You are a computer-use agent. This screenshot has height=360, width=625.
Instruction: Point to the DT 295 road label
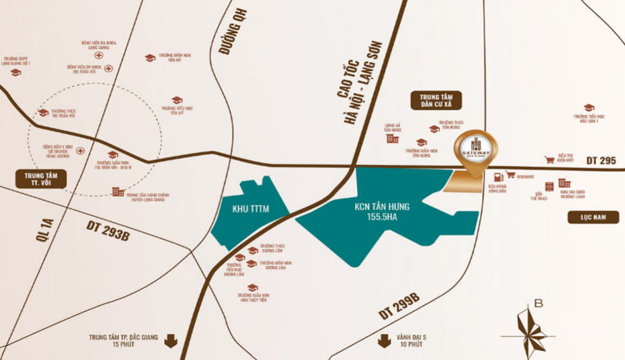pyautogui.click(x=601, y=160)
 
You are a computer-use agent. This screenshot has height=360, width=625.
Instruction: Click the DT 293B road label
pyautogui.click(x=108, y=230)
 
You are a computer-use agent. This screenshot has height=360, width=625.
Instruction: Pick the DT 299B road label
pyautogui.click(x=400, y=307)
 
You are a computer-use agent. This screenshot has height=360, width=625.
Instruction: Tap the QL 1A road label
pyautogui.click(x=45, y=229)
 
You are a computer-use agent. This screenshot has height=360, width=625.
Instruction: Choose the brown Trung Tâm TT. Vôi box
pyautogui.click(x=41, y=179)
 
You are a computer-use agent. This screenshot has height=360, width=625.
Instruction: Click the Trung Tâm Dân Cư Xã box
pyautogui.click(x=435, y=100)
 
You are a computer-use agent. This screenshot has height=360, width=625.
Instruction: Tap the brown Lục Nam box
pyautogui.click(x=594, y=217)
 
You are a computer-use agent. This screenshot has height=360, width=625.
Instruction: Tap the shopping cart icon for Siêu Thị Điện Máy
pyautogui.click(x=549, y=160)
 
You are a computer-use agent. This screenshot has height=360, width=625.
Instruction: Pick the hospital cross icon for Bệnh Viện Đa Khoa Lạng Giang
pyautogui.click(x=99, y=55)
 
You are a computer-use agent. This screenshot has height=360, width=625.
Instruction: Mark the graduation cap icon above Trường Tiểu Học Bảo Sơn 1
pyautogui.click(x=589, y=108)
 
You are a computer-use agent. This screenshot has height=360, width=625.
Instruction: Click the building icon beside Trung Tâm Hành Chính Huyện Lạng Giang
pyautogui.click(x=118, y=192)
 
